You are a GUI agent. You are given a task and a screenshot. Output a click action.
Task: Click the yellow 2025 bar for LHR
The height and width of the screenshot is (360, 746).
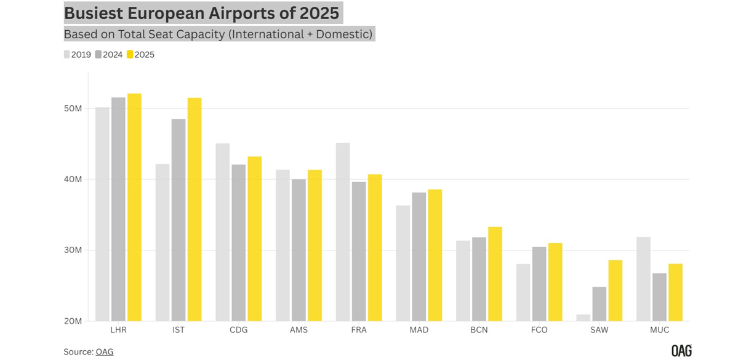(x=134, y=207)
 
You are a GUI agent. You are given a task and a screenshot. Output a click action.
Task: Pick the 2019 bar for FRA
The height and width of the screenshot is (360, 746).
(x=343, y=232)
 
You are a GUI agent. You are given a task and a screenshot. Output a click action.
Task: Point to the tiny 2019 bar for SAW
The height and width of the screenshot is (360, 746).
(x=583, y=318)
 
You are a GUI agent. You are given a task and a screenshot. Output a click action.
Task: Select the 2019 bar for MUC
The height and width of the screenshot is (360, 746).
(x=643, y=279)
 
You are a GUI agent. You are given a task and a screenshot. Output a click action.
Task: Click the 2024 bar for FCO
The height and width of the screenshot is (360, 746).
(x=539, y=284)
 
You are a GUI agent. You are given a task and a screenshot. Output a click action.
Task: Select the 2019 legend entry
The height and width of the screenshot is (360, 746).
(x=78, y=55)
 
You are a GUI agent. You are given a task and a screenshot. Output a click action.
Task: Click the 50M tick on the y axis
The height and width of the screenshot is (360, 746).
(x=73, y=109)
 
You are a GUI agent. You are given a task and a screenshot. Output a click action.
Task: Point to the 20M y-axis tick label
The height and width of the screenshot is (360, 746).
(x=73, y=321)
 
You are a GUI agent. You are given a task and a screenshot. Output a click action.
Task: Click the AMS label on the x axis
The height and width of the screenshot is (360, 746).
(x=299, y=330)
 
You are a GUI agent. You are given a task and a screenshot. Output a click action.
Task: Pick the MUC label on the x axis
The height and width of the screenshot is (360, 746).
(x=659, y=330)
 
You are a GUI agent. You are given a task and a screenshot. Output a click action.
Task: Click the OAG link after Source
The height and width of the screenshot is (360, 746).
(x=105, y=352)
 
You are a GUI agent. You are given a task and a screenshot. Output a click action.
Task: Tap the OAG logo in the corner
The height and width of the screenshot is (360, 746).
(x=681, y=351)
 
